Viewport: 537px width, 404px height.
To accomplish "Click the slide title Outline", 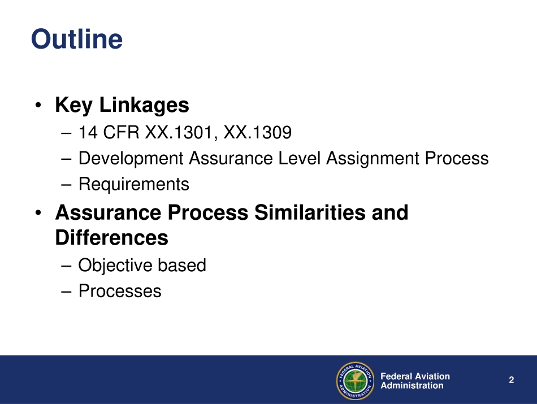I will pos(76,40).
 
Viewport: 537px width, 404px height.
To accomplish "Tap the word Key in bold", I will pos(74,105).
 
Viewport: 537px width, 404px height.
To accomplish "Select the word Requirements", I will pos(134,184).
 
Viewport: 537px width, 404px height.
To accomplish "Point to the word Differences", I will pos(111,238).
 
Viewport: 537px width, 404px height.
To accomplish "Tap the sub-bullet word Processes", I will pos(120,291).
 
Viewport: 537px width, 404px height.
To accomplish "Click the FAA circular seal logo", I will pos(356,380).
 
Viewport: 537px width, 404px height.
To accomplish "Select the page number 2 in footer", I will pos(511,380).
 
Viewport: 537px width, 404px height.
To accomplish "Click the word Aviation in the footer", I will pos(432,376).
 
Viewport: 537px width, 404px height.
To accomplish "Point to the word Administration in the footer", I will pos(412,385).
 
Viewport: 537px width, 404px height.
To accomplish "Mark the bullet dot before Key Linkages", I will pos(38,106).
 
